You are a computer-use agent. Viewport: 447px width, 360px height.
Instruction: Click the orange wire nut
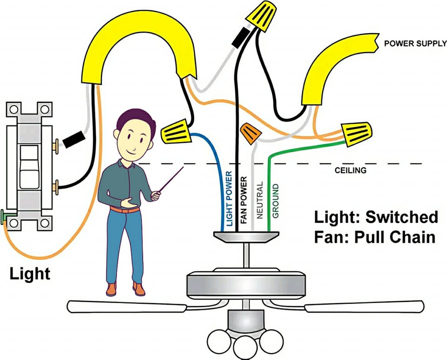coord(251,133)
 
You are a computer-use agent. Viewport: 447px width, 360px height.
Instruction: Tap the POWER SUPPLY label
coord(415,44)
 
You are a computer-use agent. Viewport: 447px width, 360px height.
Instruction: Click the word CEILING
coord(350,170)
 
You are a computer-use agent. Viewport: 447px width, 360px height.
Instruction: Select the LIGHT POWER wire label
coord(229,199)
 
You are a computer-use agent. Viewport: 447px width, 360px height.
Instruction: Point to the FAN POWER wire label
coord(244,200)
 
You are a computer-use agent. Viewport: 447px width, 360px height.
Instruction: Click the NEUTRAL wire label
coord(259,200)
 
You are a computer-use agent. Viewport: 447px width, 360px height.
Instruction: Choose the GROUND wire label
coord(275,201)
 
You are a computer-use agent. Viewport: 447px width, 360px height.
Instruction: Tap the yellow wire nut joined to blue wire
coord(176,131)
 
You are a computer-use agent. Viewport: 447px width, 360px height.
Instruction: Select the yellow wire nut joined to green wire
coord(357,133)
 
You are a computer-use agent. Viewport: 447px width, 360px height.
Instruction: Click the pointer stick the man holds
coord(170,180)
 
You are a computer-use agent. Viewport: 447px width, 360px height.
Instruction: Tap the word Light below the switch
coord(30,273)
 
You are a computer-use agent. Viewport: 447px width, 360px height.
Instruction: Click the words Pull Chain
coord(395,237)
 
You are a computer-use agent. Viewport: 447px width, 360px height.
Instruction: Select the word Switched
coord(402,217)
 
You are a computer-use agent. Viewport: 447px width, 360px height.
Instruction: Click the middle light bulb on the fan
coord(245,347)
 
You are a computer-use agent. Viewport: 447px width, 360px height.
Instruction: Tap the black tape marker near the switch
coord(74,140)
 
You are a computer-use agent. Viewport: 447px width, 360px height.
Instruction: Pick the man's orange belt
coord(125,210)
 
